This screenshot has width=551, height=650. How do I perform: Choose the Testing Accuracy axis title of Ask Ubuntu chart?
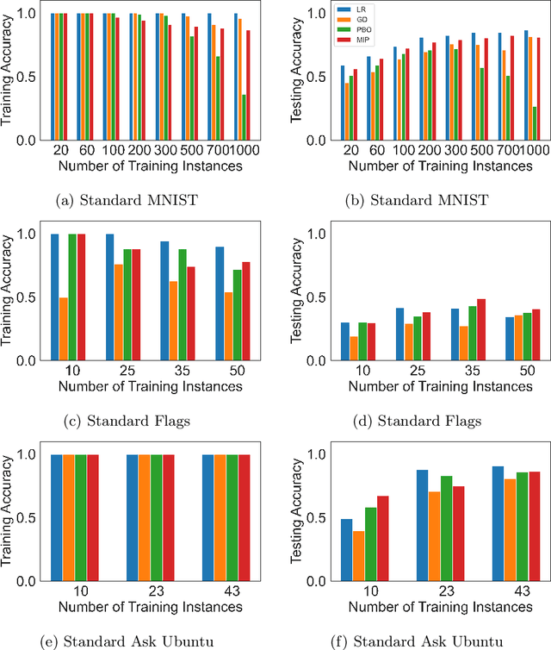298,516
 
